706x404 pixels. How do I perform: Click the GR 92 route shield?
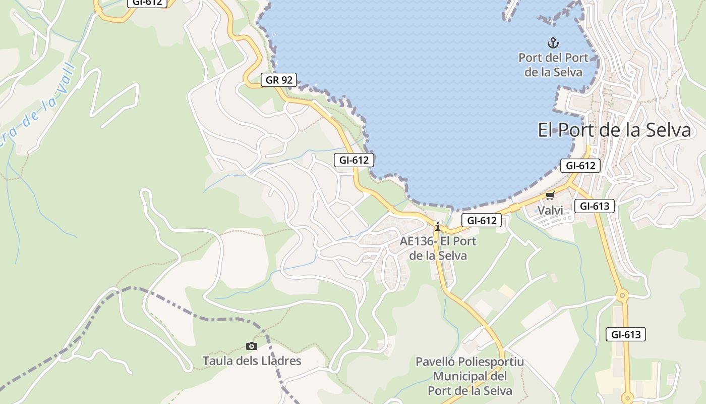coord(279,80)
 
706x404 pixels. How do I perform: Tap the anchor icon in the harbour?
coord(553,43)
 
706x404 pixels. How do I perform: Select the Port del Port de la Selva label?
coord(553,65)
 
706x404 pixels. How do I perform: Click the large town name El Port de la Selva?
coord(614,130)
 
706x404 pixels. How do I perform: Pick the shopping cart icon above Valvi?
coord(550,195)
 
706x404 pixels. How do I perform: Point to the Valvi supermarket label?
coord(550,210)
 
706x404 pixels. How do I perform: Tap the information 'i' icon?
coord(438,227)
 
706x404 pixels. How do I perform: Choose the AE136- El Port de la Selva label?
coord(438,248)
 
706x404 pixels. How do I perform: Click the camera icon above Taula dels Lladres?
coord(251,346)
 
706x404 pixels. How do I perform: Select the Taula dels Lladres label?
coord(252,361)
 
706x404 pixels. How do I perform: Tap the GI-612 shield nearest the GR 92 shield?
coord(354,161)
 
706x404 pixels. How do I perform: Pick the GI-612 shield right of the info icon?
coord(482,220)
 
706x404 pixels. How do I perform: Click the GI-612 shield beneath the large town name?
coord(580,166)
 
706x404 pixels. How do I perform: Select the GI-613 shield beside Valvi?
coord(595,206)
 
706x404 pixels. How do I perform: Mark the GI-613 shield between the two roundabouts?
coord(625,334)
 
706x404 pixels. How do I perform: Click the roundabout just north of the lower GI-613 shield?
coord(623,295)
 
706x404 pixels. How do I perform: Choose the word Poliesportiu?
coord(492,362)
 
